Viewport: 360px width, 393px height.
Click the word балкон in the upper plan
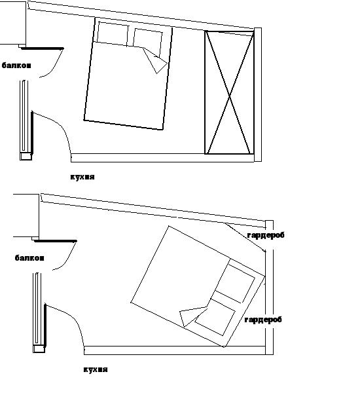16,65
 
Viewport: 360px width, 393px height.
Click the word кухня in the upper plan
82,177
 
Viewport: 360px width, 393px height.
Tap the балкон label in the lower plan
29,258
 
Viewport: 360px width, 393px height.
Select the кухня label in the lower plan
96,369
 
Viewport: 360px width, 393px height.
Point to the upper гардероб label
266,235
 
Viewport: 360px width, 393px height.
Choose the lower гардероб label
263,320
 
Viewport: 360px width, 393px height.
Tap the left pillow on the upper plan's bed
113,34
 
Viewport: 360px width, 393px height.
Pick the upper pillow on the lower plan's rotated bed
235,281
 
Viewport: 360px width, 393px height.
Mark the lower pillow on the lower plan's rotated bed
215,317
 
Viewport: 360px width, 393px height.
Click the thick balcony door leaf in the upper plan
42,48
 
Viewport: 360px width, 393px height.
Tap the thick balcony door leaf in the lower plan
55,241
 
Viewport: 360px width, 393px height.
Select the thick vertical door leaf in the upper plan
32,132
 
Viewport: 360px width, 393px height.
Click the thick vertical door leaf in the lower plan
45,325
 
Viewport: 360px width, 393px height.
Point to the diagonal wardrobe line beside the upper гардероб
245,237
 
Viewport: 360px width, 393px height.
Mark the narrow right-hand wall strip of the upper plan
258,94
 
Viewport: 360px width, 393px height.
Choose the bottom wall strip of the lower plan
175,350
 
